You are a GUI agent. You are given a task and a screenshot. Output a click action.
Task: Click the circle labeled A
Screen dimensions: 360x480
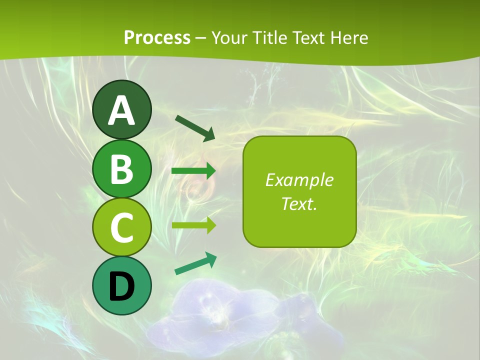click(x=121, y=109)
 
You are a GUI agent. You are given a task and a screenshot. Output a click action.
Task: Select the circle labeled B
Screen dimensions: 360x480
click(x=121, y=168)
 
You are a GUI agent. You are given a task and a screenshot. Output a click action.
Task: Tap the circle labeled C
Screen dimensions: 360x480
click(x=121, y=227)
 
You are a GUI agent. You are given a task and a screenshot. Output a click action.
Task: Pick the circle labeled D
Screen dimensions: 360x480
click(x=121, y=285)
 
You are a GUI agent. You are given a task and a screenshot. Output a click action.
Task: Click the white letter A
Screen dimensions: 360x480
click(x=121, y=110)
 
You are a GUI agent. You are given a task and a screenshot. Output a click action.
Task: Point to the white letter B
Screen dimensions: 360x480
click(x=121, y=169)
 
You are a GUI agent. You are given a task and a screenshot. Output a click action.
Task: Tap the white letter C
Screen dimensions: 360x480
click(x=121, y=227)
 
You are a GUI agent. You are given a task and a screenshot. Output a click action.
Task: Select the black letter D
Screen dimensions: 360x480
click(x=121, y=286)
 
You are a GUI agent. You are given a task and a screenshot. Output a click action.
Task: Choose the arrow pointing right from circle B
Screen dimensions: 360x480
click(x=193, y=171)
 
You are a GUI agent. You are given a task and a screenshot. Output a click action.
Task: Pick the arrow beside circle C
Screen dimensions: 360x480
click(x=193, y=225)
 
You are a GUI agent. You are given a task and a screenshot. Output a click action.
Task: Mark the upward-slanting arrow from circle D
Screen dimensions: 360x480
click(x=195, y=263)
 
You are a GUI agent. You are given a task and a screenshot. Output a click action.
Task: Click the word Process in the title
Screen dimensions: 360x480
click(x=157, y=37)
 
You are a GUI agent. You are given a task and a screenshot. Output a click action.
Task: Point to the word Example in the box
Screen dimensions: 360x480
click(x=299, y=180)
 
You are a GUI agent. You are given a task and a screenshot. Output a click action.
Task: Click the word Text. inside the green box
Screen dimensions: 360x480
click(x=299, y=203)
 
